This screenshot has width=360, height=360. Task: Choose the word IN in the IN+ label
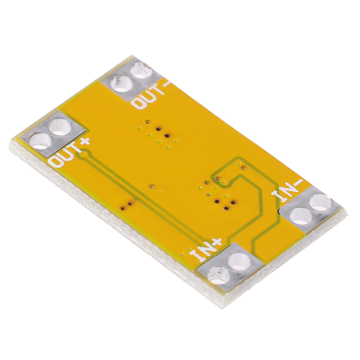click(x=202, y=252)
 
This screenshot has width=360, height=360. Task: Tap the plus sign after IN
click(x=216, y=242)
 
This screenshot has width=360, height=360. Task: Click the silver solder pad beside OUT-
click(x=130, y=78)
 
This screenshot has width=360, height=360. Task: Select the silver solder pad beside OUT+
click(x=54, y=134)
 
